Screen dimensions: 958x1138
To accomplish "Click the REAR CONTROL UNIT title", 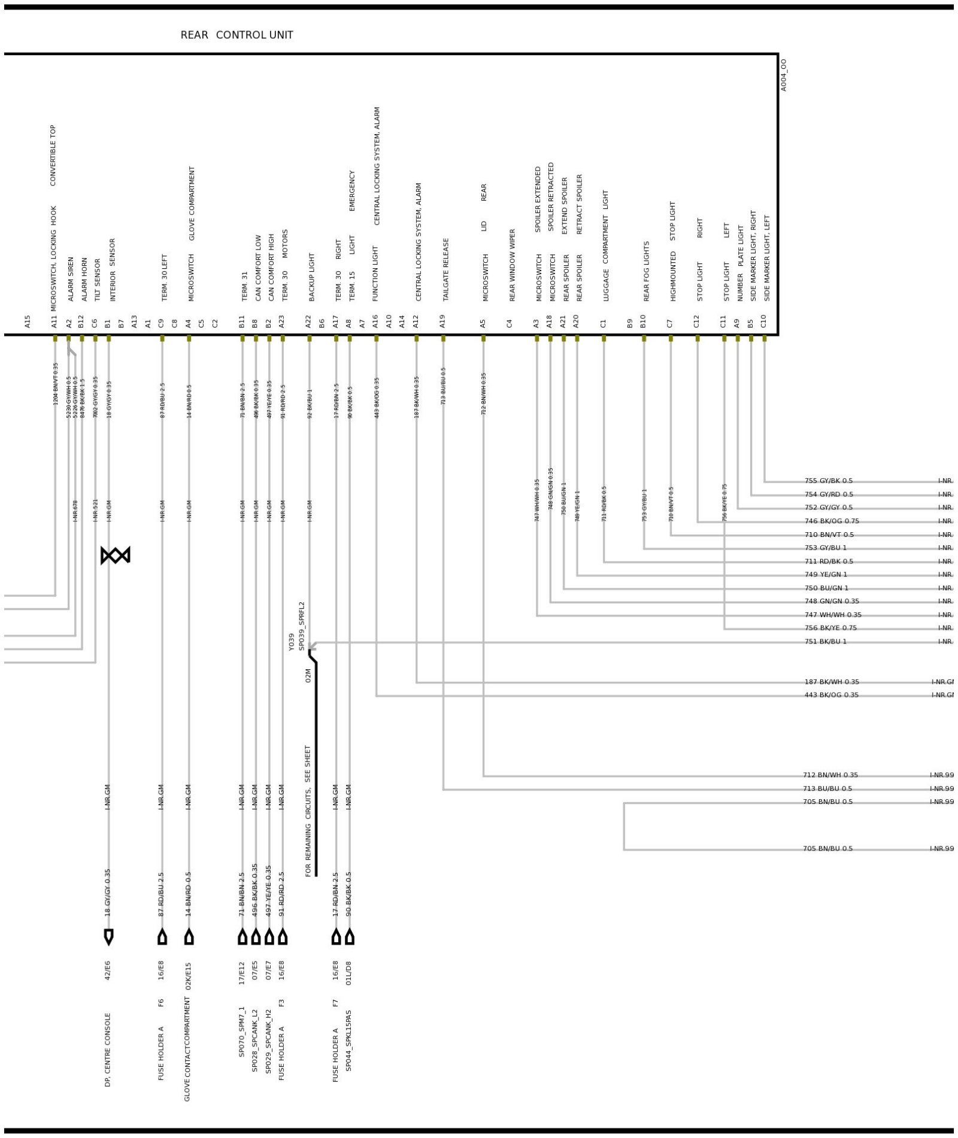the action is click(x=237, y=35).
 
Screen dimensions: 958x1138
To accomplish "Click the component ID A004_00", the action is click(x=784, y=75).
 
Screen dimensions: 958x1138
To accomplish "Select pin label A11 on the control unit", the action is click(x=54, y=321).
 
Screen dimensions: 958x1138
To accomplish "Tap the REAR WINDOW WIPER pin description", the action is click(x=513, y=265).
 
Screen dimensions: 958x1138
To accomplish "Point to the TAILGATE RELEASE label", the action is click(x=445, y=269).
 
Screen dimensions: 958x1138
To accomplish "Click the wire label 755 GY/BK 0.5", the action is click(x=828, y=481).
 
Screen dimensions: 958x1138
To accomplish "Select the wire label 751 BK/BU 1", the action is click(x=825, y=641).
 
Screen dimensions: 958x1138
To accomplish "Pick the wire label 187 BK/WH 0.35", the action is click(x=831, y=682).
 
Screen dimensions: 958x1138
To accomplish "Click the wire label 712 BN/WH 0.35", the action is click(x=830, y=775).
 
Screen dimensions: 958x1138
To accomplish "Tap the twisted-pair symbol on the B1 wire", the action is click(x=115, y=555).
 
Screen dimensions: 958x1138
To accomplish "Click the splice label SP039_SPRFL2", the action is click(x=302, y=626).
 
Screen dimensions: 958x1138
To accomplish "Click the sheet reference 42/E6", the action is click(x=108, y=970).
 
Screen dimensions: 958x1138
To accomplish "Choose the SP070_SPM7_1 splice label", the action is click(x=242, y=1040).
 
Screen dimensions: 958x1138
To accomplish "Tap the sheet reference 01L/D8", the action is click(x=349, y=973).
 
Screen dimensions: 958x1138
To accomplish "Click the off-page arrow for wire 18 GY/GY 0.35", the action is click(x=108, y=937).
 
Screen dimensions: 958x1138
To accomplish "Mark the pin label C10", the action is click(x=763, y=321).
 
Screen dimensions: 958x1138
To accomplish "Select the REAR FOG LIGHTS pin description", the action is click(x=647, y=271).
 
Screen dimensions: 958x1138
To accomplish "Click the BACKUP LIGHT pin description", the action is click(x=311, y=277).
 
